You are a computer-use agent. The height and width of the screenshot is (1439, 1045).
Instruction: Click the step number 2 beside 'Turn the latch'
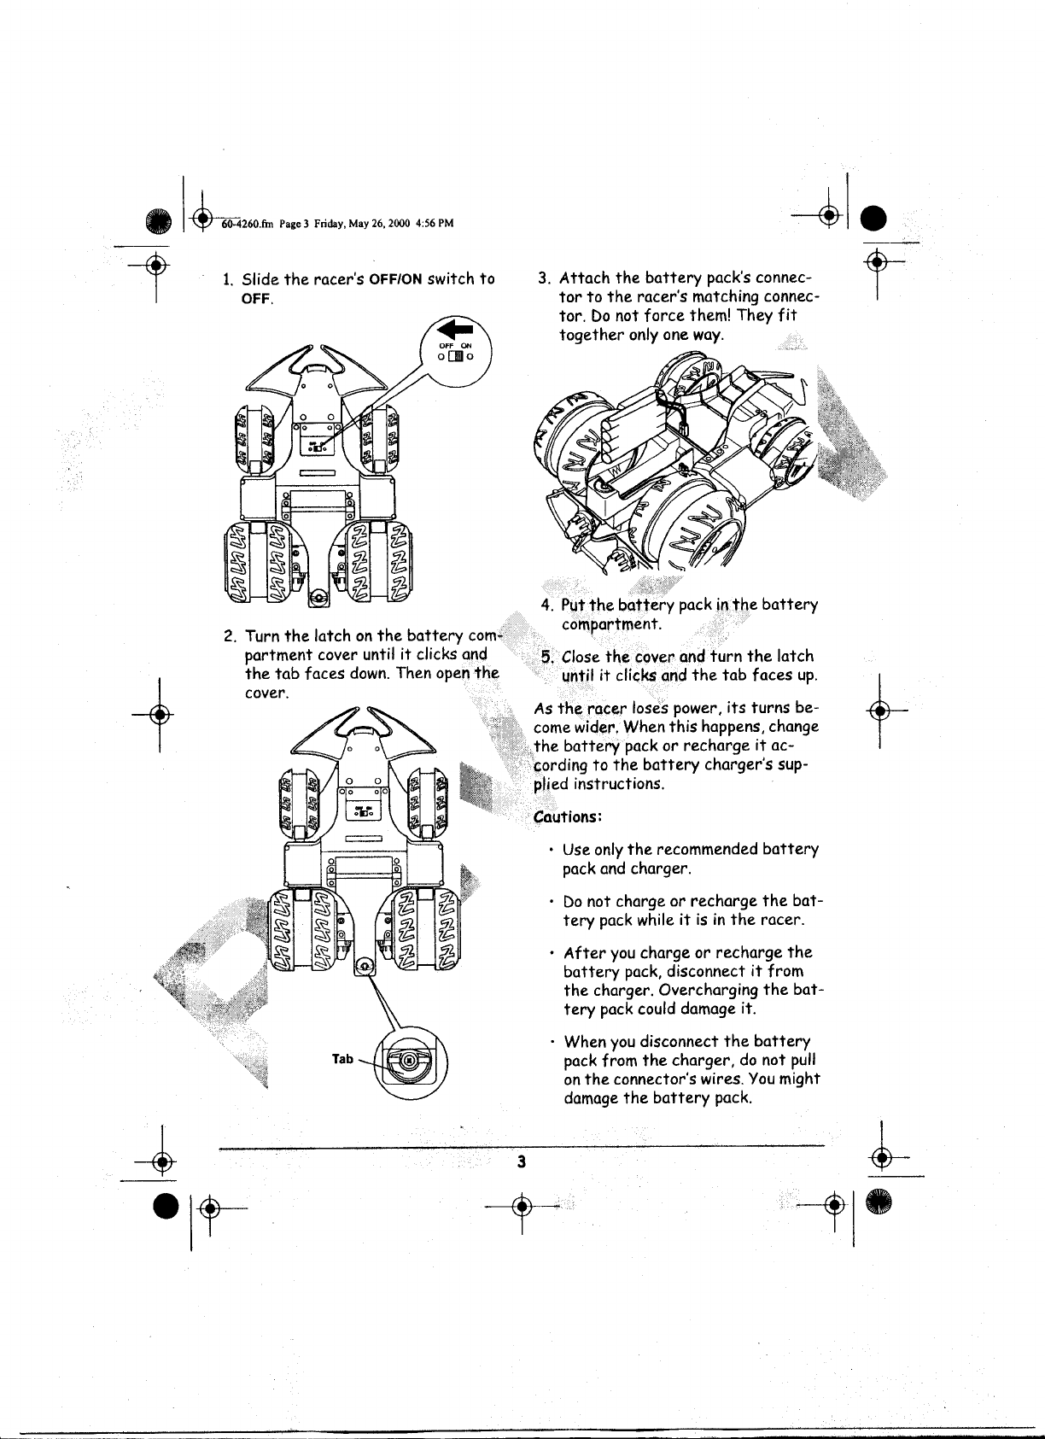[x=227, y=636]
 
